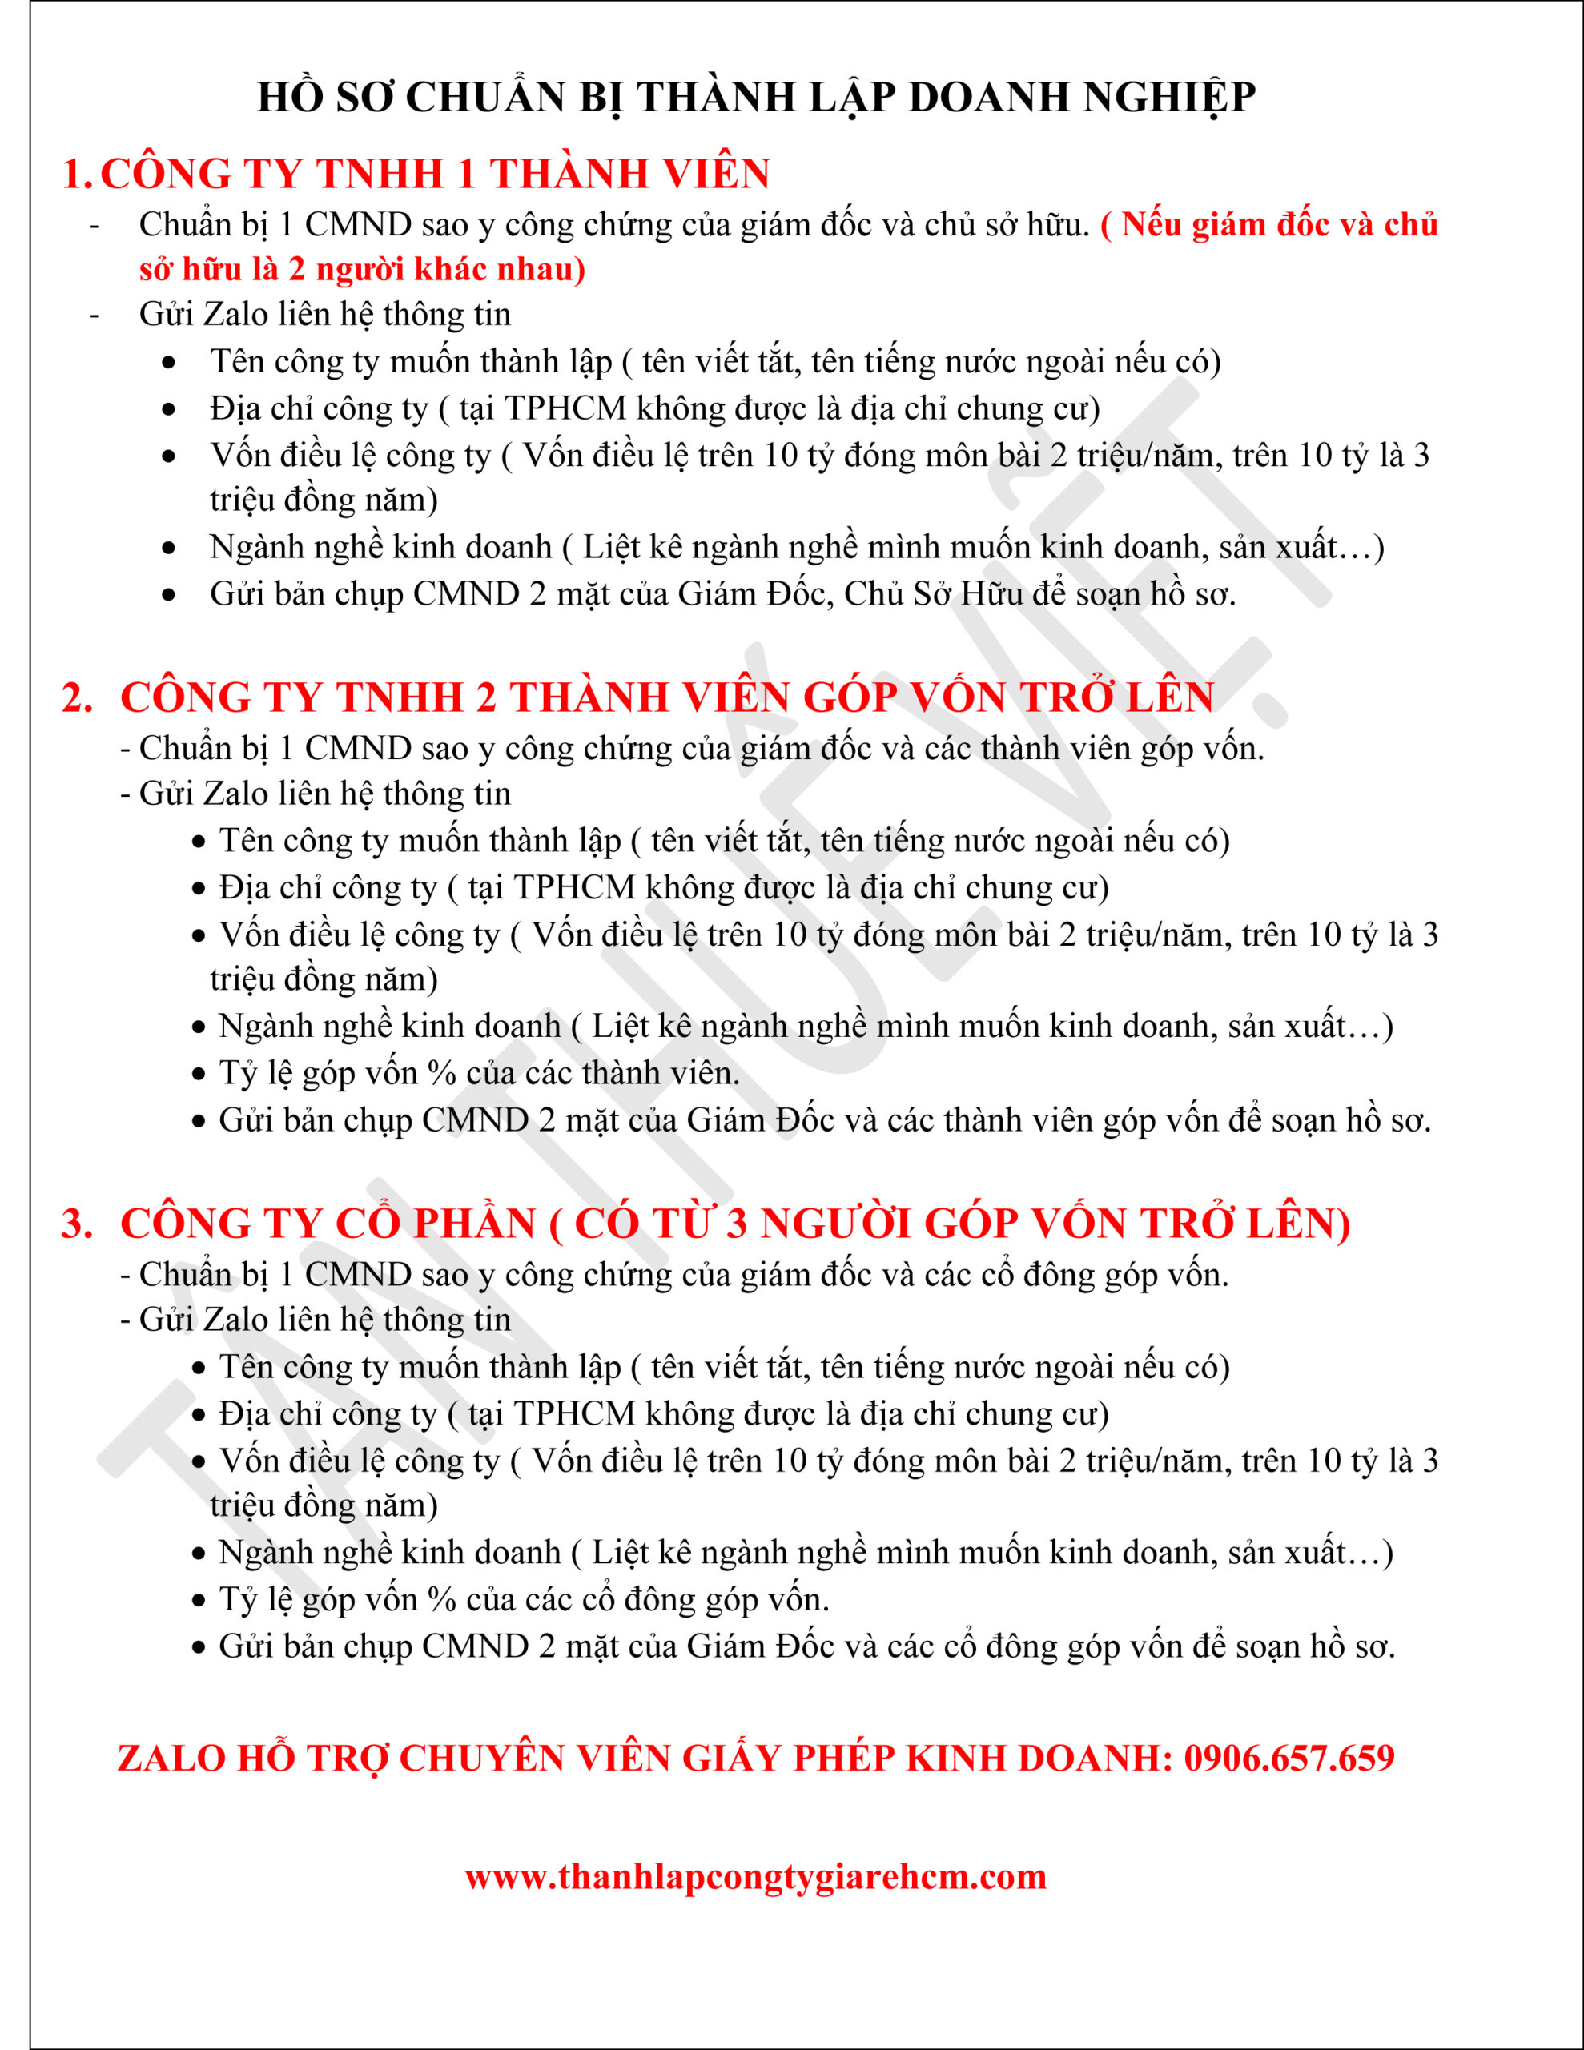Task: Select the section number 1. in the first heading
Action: (x=77, y=175)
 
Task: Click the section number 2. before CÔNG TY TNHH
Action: (x=77, y=697)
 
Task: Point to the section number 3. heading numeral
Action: (x=77, y=1223)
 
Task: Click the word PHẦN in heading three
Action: (x=475, y=1223)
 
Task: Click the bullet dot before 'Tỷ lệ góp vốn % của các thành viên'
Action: (x=198, y=1074)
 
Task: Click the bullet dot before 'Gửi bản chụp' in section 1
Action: (x=169, y=595)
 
